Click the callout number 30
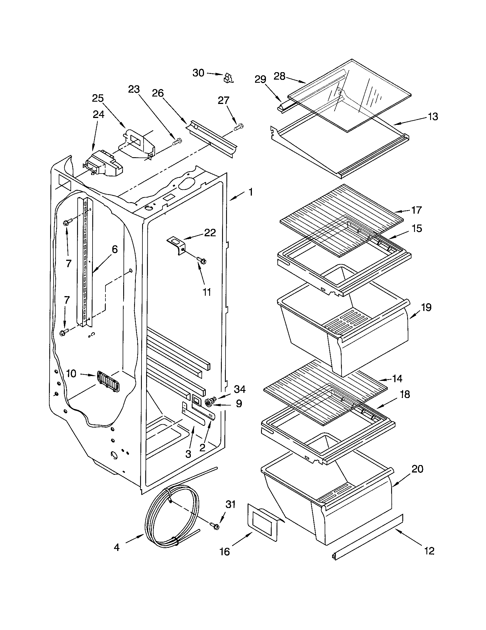point(198,73)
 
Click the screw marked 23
point(177,142)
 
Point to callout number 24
point(98,115)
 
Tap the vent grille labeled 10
point(108,381)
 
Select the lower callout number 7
point(67,300)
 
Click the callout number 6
point(115,249)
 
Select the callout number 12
point(430,551)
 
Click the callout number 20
point(417,469)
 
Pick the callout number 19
point(426,308)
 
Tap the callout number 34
point(240,389)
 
